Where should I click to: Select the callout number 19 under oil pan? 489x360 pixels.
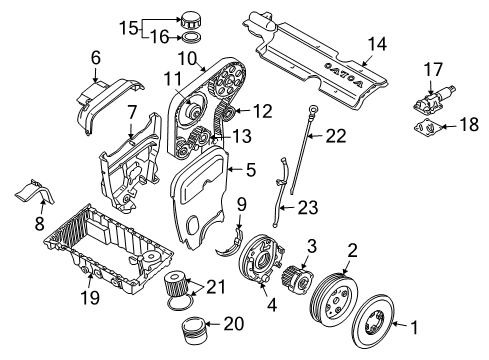[64, 300]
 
